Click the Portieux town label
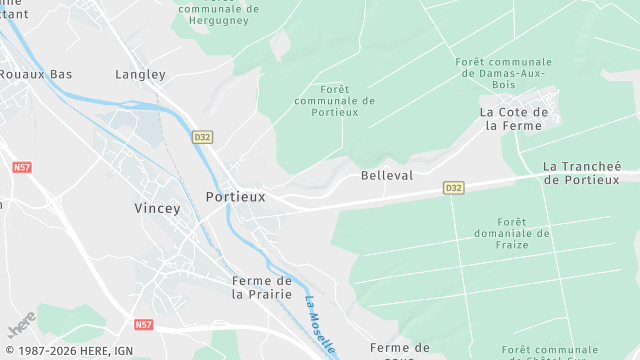point(235,197)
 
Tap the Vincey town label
point(158,209)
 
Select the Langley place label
point(140,74)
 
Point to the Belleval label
point(386,175)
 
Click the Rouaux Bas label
point(36,74)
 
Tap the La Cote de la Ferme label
point(510,119)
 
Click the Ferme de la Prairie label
point(261,288)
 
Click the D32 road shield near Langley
point(202,137)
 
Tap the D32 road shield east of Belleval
point(454,188)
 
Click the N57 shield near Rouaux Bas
point(22,169)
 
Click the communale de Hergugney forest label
point(218,9)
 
